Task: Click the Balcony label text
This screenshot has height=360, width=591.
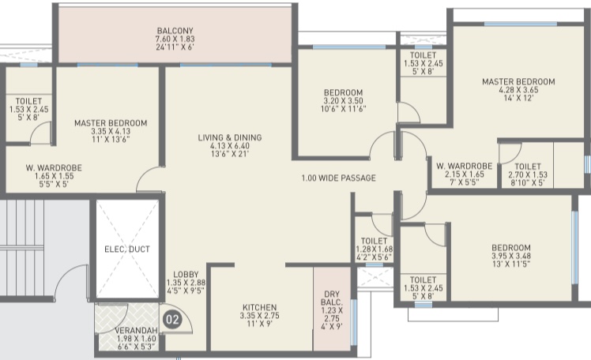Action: point(175,31)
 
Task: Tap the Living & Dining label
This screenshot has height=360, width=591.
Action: point(230,137)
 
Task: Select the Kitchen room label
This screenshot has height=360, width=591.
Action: point(260,307)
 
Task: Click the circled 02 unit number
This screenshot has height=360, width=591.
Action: point(172,320)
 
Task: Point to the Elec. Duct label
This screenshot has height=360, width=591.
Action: point(127,249)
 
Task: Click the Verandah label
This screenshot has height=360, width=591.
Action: point(136,330)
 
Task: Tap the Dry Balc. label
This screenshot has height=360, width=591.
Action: point(332,298)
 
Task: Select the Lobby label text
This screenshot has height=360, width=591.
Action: point(186,275)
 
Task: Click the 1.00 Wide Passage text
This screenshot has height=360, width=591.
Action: point(338,178)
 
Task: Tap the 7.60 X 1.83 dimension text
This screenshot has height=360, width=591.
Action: point(175,39)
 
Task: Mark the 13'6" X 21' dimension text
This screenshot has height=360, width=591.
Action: point(230,154)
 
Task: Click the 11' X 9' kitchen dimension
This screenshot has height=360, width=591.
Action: point(260,324)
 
